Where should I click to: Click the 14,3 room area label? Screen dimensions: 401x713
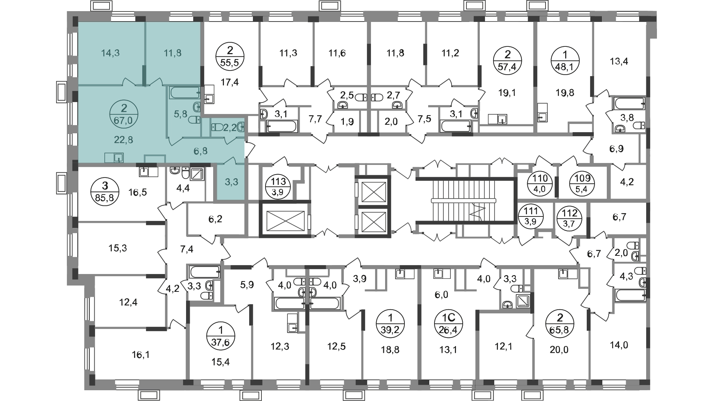click(110, 53)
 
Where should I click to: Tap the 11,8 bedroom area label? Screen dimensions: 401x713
click(173, 53)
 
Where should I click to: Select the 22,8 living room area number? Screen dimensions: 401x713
click(123, 140)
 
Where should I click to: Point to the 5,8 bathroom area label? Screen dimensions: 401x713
click(180, 114)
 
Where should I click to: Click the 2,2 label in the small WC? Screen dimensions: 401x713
click(230, 128)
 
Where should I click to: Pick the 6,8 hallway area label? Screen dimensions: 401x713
click(200, 151)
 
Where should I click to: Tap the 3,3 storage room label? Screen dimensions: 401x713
click(231, 182)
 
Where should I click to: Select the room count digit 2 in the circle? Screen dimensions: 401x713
click(124, 108)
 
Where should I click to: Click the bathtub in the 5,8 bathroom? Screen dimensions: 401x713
click(185, 92)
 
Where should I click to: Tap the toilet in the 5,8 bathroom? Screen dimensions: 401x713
click(194, 120)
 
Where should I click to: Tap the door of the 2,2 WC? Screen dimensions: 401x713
click(231, 140)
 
